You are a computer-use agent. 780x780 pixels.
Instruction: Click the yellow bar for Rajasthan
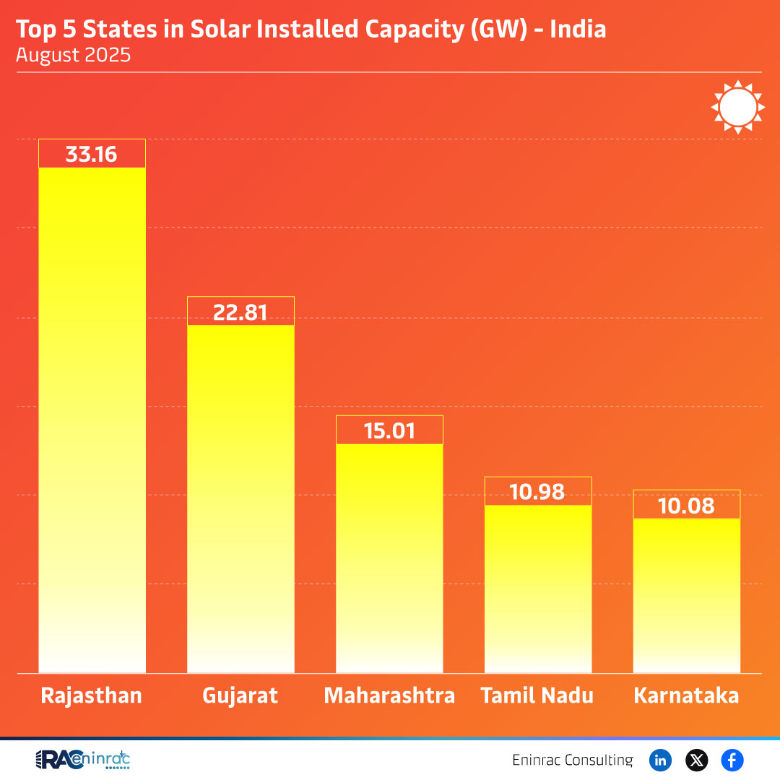coord(92,419)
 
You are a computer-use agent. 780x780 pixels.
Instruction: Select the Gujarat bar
coord(240,498)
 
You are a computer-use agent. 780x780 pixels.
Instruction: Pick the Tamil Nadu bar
coord(538,589)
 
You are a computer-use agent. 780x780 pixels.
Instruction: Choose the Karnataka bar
coord(687,595)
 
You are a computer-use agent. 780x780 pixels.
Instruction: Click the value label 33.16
coord(91,155)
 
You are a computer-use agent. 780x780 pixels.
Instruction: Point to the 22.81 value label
coord(240,312)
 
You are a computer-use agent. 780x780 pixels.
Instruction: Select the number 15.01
coord(389,431)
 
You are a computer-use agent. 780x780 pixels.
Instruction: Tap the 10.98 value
coord(537,492)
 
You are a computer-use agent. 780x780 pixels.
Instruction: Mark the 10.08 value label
coord(687,506)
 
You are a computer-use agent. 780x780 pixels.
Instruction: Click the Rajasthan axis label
coord(91,695)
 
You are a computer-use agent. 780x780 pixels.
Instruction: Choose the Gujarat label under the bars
coord(240,695)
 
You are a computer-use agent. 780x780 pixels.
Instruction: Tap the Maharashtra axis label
coord(389,695)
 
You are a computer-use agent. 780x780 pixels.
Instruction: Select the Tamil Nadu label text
coord(537,695)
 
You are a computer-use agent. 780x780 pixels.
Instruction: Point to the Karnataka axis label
coord(686,695)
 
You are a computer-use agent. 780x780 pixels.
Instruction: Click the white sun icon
coord(737,107)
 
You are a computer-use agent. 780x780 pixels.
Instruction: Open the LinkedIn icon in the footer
coord(660,760)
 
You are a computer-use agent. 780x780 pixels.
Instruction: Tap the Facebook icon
coord(732,760)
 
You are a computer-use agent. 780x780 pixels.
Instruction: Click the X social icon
coord(696,760)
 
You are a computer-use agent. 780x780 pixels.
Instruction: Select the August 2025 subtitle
coord(74,55)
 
